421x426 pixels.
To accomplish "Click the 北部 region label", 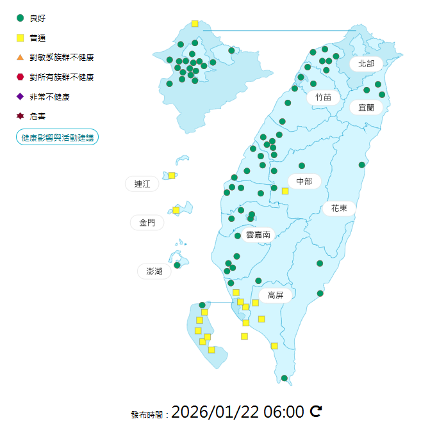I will [x=366, y=63].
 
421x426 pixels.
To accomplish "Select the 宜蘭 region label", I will [x=366, y=107].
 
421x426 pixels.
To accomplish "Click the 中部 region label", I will [x=304, y=182].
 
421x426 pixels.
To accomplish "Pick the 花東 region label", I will [x=339, y=208].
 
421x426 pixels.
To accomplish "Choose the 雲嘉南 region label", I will [x=258, y=235].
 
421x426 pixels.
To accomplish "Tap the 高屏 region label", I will [x=276, y=295].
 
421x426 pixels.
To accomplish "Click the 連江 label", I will [x=142, y=184].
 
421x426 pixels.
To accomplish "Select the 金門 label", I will [x=146, y=223].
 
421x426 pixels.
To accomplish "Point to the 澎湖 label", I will [x=154, y=271].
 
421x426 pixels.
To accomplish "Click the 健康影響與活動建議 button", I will [x=57, y=138].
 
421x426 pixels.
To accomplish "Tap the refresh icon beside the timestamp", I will [x=315, y=411].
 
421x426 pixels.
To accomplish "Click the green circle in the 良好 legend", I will [x=21, y=18].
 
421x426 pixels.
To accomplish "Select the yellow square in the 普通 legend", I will [x=21, y=38].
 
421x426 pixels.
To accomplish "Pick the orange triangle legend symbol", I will [x=21, y=58].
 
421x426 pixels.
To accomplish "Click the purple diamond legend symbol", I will [x=21, y=97].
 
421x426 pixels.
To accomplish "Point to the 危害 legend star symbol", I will [x=21, y=116].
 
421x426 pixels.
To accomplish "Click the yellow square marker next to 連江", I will [x=172, y=175].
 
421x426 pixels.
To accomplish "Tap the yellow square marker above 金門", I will [x=176, y=210].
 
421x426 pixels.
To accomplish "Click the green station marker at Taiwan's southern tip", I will [x=285, y=378].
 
